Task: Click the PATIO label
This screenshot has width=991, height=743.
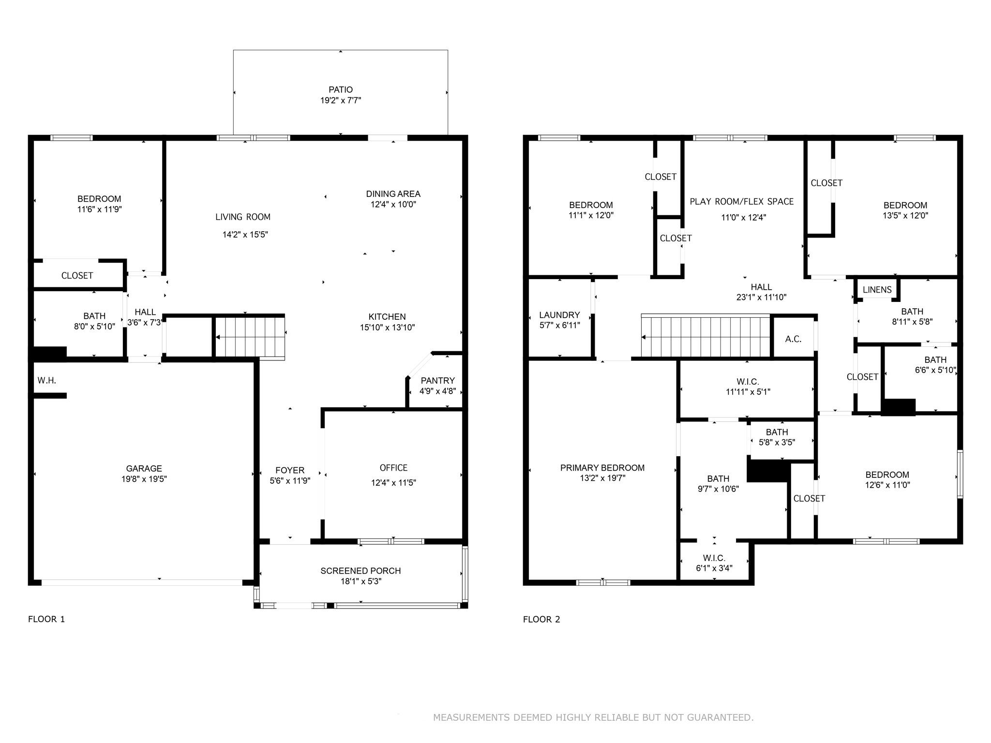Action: point(341,89)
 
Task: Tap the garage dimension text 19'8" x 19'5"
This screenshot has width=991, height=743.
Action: point(144,479)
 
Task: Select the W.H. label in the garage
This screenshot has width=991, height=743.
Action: point(47,381)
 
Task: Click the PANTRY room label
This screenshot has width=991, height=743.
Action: point(437,381)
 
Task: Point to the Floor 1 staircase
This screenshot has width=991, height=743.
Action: point(250,337)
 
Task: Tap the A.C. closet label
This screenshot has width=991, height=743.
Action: point(793,339)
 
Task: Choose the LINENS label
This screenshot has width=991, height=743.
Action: point(877,290)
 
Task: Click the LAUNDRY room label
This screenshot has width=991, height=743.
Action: point(559,315)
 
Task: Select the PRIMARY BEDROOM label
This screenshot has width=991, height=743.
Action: point(602,468)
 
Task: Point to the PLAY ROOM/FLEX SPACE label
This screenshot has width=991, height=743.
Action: point(742,202)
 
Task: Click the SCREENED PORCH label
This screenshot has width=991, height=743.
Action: point(360,571)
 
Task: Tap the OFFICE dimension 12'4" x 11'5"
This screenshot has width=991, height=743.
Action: point(393,482)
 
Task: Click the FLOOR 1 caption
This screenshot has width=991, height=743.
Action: point(46,619)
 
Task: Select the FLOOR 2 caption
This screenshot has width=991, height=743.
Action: point(541,619)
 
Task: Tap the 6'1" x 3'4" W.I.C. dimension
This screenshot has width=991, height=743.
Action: point(714,568)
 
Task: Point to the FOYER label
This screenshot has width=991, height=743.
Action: point(290,470)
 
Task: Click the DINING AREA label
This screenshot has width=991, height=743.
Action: point(393,194)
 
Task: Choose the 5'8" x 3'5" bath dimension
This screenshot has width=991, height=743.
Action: point(777,442)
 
